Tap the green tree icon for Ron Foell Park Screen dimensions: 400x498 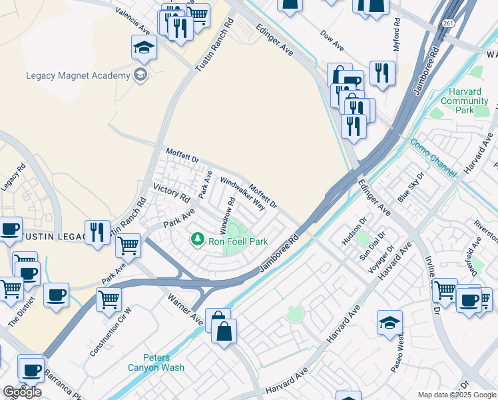coord(198,239)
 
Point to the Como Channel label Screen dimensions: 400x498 coord(433,157)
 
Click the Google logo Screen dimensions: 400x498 coord(22,392)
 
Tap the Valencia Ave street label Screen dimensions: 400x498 coord(132,21)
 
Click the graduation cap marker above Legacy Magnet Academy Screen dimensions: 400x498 coord(143,47)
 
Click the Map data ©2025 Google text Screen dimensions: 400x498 coord(456,395)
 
